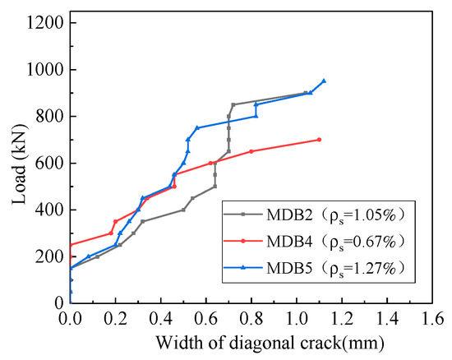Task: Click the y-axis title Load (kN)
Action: coord(17,163)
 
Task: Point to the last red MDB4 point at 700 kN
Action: coord(319,140)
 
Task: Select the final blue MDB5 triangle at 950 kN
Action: coord(324,81)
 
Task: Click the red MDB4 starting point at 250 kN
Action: coord(71,244)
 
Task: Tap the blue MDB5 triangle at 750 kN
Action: coord(197,128)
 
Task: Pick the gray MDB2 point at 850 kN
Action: coord(233,104)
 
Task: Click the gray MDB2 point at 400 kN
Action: coord(183,210)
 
